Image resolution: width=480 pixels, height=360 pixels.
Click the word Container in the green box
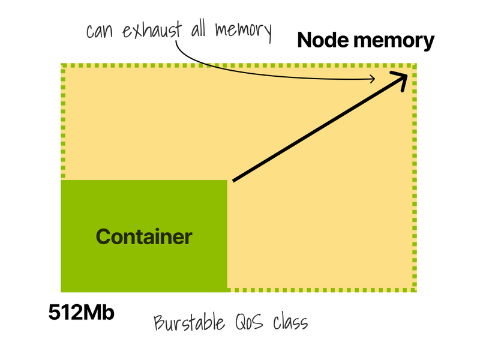pyautogui.click(x=144, y=236)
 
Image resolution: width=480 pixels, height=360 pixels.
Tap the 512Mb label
pyautogui.click(x=82, y=313)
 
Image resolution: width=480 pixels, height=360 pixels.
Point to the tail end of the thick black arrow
pyautogui.click(x=234, y=180)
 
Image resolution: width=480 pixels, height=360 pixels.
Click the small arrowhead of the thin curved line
pyautogui.click(x=374, y=78)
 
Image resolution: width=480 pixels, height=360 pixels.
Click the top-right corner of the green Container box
pyautogui.click(x=227, y=181)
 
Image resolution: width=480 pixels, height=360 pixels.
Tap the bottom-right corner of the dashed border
pyautogui.click(x=415, y=290)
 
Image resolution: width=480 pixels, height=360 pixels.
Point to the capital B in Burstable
pyautogui.click(x=159, y=323)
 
